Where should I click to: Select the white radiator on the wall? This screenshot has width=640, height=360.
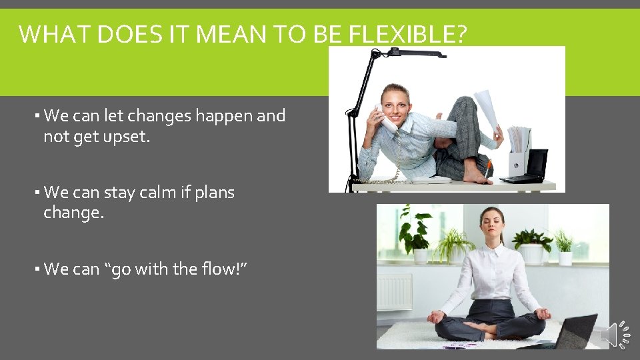394,292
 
